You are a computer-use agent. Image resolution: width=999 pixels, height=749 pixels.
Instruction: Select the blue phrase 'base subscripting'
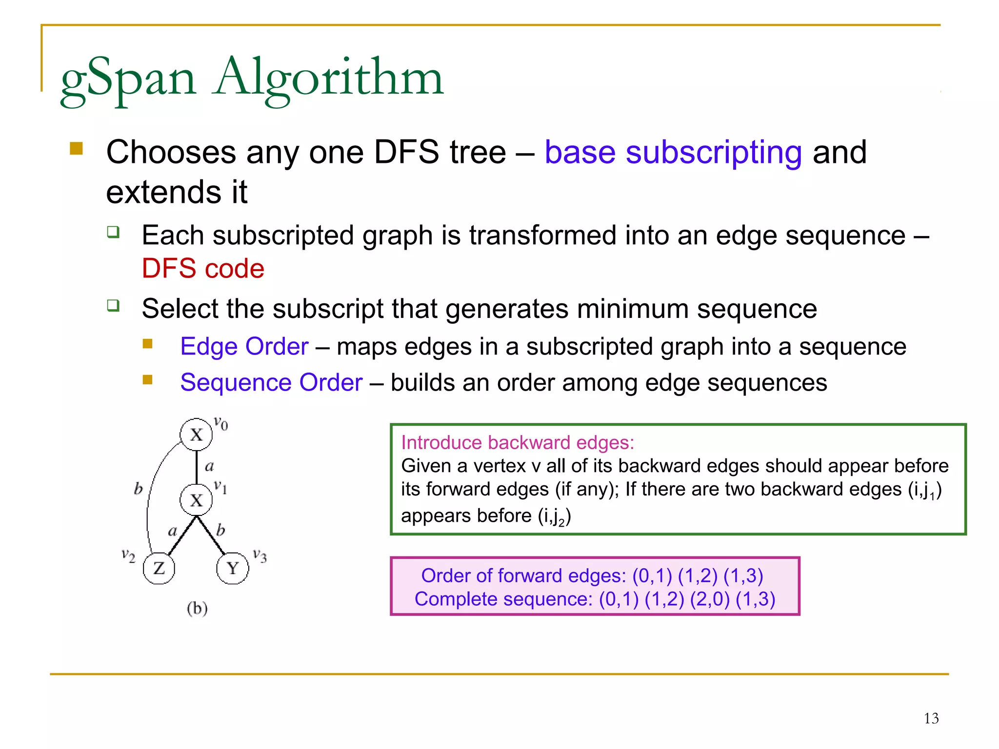point(673,152)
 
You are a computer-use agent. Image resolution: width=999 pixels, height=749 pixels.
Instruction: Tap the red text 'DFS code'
point(203,268)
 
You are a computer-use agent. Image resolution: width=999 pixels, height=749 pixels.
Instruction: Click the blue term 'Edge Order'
point(244,347)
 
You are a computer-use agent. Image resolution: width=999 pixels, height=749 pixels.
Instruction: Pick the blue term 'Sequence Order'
point(271,383)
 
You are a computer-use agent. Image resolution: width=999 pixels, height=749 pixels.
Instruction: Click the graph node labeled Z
point(159,568)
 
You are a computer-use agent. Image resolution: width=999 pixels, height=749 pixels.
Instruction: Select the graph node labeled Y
point(233,568)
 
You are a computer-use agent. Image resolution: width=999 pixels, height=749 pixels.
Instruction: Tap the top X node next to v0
point(196,434)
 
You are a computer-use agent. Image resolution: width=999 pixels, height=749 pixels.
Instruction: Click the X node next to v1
point(196,500)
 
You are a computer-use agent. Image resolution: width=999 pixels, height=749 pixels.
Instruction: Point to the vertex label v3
point(260,555)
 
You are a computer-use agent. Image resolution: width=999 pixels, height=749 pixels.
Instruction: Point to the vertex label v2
point(128,555)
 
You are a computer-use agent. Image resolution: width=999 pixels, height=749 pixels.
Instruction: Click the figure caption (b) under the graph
point(197,608)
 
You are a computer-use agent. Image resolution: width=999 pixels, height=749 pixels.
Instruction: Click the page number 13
point(931,718)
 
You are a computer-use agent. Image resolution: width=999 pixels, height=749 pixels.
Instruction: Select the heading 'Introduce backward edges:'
point(518,443)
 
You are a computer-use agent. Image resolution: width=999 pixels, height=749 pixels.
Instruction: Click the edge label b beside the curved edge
point(139,488)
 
